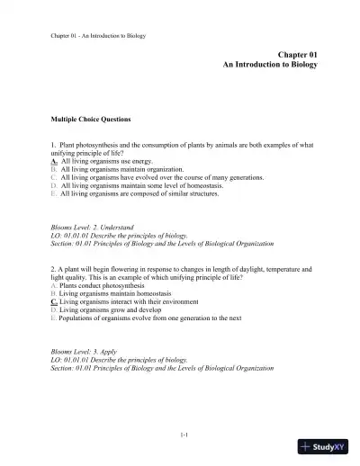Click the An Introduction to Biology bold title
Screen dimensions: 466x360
point(271,67)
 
